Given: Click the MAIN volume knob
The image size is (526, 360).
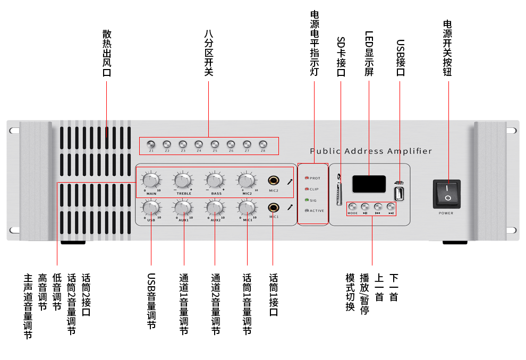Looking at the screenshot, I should click(x=151, y=181).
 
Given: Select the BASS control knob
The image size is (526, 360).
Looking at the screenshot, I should click(x=215, y=181).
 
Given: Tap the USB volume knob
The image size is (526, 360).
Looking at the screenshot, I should click(x=151, y=209).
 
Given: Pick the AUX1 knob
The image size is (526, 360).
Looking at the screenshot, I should click(x=183, y=209).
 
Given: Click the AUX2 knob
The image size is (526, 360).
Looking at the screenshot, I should click(x=215, y=209).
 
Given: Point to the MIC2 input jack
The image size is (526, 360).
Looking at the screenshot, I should click(x=274, y=181).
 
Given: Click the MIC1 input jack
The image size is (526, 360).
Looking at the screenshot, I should click(x=274, y=208).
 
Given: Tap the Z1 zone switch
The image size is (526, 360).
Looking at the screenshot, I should click(x=151, y=144).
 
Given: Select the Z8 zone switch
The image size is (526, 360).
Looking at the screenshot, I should click(x=263, y=144).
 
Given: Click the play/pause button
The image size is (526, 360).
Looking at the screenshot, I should click(x=365, y=207).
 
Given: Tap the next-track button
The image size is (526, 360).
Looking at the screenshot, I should click(x=391, y=207).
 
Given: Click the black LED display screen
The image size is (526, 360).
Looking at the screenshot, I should click(x=369, y=184).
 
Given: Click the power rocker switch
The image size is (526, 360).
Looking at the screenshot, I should click(x=446, y=193).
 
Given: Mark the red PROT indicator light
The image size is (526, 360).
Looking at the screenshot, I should click(x=307, y=178).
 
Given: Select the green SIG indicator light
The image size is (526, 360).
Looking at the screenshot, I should click(x=307, y=200).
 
